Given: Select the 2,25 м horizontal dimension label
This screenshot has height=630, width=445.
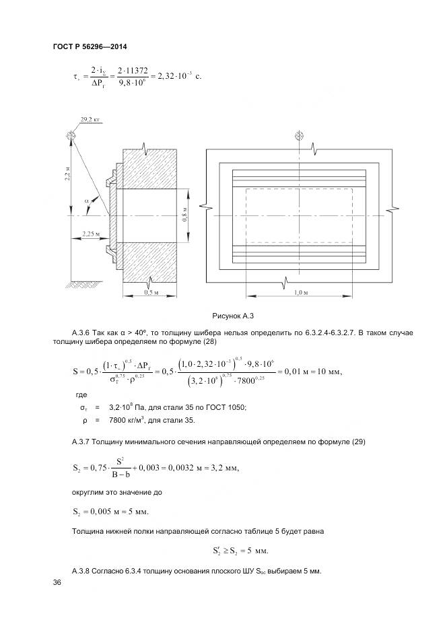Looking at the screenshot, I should (x=90, y=234).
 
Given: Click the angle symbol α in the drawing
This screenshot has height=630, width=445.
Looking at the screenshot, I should (x=86, y=200).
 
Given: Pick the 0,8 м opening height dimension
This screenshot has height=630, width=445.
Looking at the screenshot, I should (x=184, y=217).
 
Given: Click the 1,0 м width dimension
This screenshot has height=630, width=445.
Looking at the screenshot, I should (x=300, y=293).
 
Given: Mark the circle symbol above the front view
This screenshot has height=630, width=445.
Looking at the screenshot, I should (x=300, y=135).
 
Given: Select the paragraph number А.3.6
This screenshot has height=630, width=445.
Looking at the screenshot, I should (x=82, y=332).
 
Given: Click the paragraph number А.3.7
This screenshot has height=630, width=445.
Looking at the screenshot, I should (x=82, y=442).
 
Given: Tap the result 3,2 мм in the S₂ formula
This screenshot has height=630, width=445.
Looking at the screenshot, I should (x=223, y=468).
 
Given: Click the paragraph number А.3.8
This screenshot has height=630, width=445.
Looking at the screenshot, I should (x=82, y=571).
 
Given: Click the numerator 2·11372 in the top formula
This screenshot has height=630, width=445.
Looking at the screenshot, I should (x=133, y=70).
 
